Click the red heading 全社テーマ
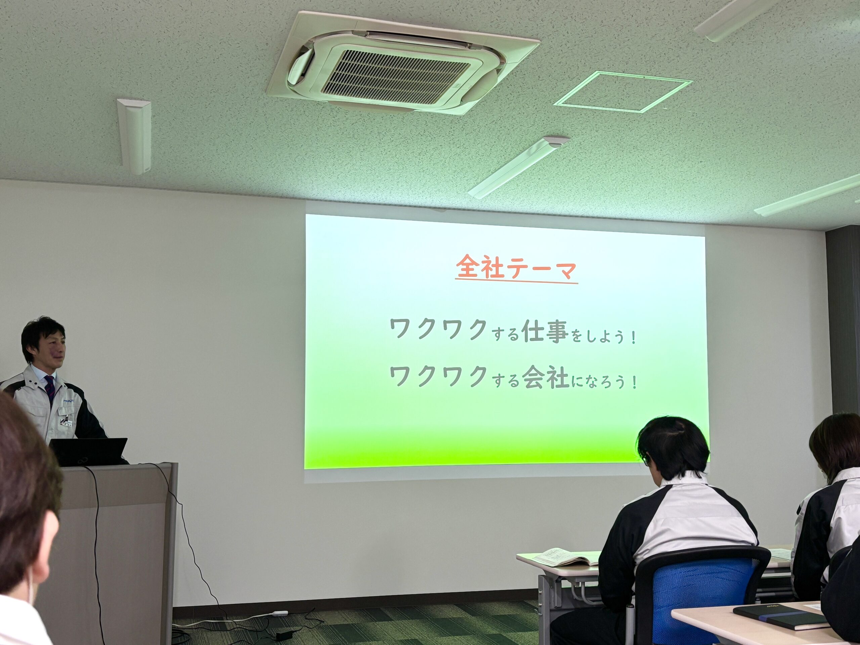(516, 267)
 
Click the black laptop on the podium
(89, 451)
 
